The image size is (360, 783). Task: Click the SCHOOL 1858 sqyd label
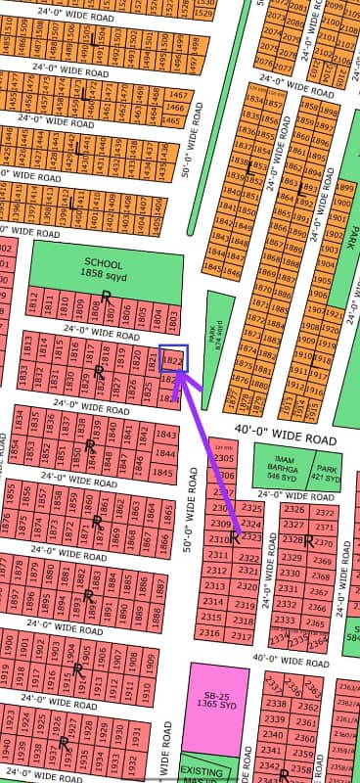tap(104, 269)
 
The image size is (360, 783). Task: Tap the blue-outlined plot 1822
tap(172, 360)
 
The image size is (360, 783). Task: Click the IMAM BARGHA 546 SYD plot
tap(281, 467)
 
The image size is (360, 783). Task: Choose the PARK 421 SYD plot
tap(328, 467)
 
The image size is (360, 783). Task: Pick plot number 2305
tap(224, 457)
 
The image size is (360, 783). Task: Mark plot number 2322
tap(247, 557)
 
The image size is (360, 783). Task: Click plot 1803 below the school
tap(172, 318)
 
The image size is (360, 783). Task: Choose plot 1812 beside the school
tap(36, 303)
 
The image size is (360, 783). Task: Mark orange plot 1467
tap(178, 95)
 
